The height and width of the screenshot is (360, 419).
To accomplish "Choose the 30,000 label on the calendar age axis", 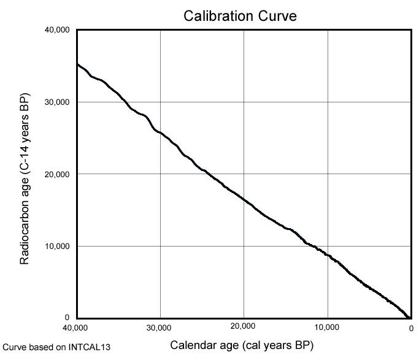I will click(x=160, y=327).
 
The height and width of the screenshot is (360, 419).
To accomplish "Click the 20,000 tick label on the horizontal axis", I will click(x=244, y=327).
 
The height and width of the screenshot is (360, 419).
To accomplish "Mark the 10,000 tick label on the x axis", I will click(x=328, y=327).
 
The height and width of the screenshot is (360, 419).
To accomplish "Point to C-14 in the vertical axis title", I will click(x=25, y=156).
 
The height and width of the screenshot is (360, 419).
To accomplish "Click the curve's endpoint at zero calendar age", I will click(x=409, y=317).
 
